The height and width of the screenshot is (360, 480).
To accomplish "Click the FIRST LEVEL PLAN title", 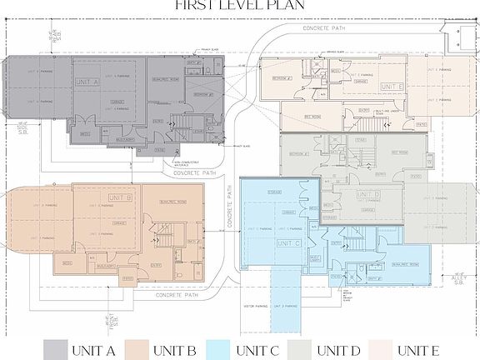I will coord(240,6).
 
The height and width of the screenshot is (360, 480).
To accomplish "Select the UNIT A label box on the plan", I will coord(88,82).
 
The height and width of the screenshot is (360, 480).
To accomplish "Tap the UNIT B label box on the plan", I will coord(122,197).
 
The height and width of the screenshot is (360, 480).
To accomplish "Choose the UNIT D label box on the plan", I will coord(367,195).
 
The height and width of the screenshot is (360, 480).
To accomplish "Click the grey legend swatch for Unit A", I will coord(56,347).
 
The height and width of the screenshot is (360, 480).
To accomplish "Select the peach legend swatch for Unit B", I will coord(137,347).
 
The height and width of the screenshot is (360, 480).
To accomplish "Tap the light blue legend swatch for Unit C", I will coord(219,347).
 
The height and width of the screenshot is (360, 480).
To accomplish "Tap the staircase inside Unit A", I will coord(180,126).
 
